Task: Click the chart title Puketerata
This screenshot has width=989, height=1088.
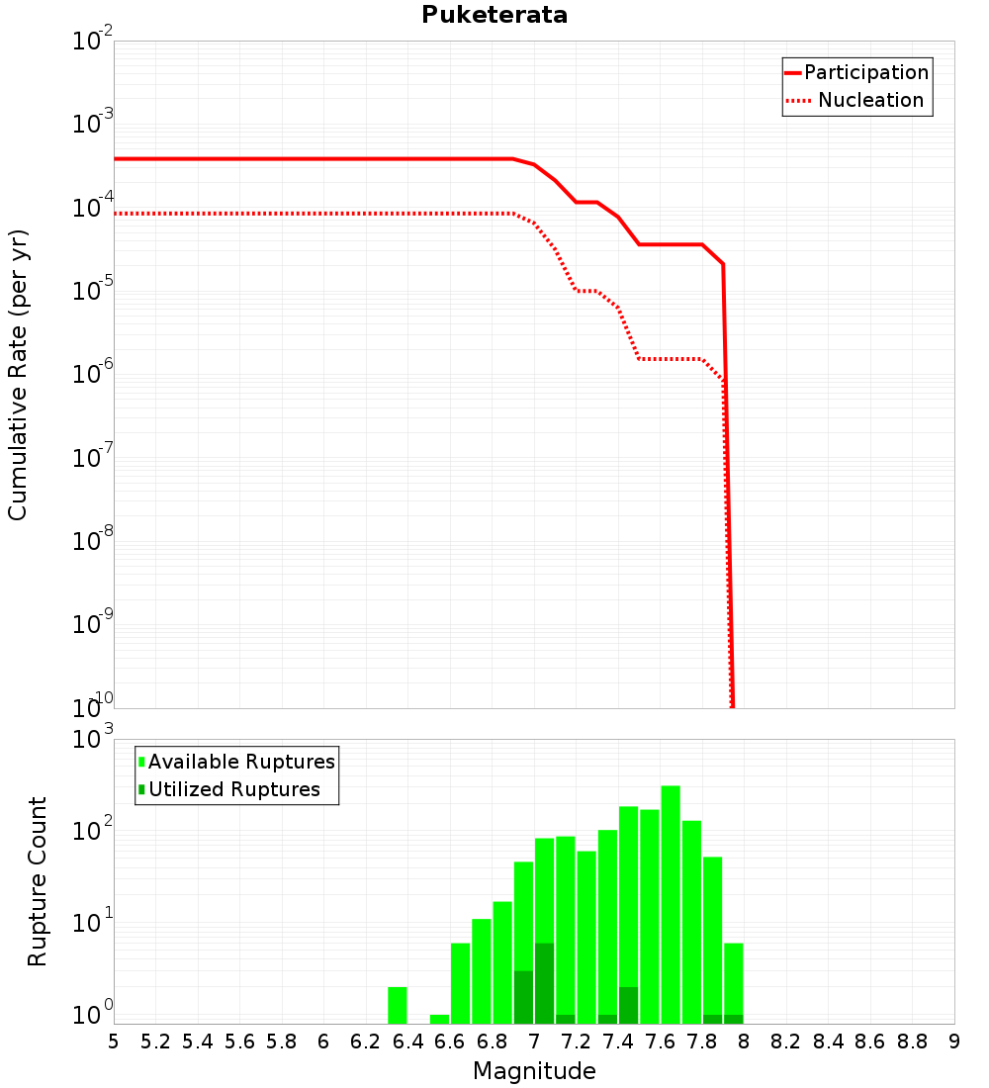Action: (x=494, y=15)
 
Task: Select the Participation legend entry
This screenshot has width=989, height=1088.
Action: (x=856, y=72)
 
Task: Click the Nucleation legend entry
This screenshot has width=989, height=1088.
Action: (x=855, y=100)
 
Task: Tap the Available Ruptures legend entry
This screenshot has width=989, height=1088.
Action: (x=236, y=762)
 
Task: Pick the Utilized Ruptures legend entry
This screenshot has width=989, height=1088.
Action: (x=229, y=789)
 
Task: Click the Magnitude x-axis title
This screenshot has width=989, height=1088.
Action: (x=534, y=1071)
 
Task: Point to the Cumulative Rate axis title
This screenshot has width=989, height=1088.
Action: (x=18, y=375)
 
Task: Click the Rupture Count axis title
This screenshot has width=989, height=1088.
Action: (x=37, y=881)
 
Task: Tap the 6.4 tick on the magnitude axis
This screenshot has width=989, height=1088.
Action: (x=407, y=1042)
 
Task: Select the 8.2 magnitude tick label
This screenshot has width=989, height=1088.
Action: (x=785, y=1042)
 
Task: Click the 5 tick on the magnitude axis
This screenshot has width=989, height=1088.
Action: (x=113, y=1042)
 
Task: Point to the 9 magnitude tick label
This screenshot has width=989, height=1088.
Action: (x=954, y=1042)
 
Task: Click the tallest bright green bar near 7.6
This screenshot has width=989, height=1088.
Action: (x=671, y=905)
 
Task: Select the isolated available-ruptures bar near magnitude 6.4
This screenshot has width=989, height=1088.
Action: (x=397, y=1006)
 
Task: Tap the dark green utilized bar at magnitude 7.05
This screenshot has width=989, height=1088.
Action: (x=544, y=983)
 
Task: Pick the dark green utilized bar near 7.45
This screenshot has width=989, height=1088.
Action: (x=628, y=1006)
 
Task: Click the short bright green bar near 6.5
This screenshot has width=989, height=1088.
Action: (x=439, y=1020)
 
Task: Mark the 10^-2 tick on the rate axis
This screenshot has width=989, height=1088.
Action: (x=92, y=40)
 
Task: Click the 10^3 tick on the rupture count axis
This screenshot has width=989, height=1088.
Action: (x=92, y=738)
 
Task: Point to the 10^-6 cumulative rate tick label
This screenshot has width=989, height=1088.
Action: (x=92, y=373)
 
